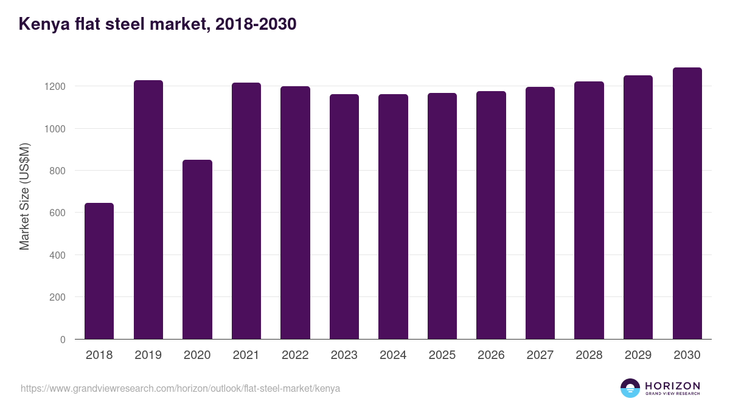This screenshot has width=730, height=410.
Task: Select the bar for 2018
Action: click(x=99, y=271)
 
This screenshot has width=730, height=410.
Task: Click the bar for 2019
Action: click(x=148, y=210)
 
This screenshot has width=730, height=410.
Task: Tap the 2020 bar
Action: click(x=197, y=249)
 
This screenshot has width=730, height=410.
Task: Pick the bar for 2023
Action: click(x=344, y=217)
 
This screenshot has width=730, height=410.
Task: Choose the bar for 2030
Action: click(x=687, y=203)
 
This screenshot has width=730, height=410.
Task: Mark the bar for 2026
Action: click(x=491, y=215)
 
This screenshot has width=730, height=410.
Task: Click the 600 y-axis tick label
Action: click(x=58, y=213)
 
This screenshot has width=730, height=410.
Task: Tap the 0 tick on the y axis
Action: click(x=63, y=340)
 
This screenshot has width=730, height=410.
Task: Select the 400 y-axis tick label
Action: click(x=58, y=255)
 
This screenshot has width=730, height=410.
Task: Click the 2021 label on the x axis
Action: click(x=246, y=355)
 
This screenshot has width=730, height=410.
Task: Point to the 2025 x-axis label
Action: click(x=442, y=355)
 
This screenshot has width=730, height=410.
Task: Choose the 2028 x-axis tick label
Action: click(x=589, y=355)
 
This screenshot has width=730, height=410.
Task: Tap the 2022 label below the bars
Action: click(x=295, y=355)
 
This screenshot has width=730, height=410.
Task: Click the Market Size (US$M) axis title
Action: click(x=24, y=196)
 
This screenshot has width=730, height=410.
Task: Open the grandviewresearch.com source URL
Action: click(x=180, y=388)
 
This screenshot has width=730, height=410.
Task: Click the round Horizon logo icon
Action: click(x=630, y=388)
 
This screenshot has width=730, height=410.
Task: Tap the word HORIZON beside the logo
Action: click(x=672, y=385)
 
